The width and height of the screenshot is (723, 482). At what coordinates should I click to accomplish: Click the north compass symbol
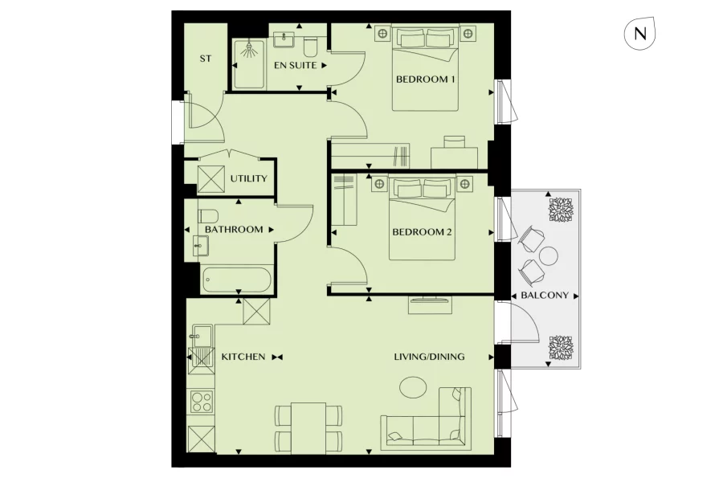click(x=640, y=33)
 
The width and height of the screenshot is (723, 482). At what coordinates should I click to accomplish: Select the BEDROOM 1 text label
click(x=426, y=80)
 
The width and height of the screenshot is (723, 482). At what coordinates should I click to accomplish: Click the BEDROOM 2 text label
click(x=422, y=233)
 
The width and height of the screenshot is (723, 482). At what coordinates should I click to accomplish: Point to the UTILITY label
click(x=248, y=178)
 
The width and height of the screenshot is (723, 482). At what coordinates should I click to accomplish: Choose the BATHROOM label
click(x=234, y=230)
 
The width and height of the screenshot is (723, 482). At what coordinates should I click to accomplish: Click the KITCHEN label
click(x=243, y=357)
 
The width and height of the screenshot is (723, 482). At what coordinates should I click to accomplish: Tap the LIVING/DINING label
click(x=429, y=357)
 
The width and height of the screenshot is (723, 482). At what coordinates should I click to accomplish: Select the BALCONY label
click(x=544, y=295)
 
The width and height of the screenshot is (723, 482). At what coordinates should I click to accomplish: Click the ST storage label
click(x=205, y=59)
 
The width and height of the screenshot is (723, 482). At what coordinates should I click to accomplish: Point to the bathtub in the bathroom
click(x=237, y=279)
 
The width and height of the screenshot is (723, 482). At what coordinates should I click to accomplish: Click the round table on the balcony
click(x=548, y=256)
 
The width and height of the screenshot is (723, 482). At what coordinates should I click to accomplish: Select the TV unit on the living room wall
click(x=431, y=304)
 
